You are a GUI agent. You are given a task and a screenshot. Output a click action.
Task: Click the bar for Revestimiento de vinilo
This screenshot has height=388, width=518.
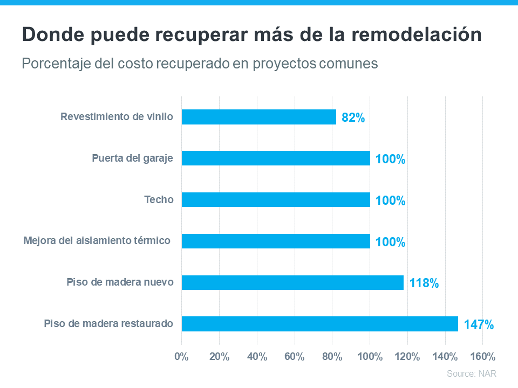(x=258, y=117)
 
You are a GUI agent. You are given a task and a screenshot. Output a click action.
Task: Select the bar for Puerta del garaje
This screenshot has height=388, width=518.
(x=275, y=158)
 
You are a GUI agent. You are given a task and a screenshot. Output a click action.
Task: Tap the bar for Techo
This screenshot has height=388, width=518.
(x=275, y=200)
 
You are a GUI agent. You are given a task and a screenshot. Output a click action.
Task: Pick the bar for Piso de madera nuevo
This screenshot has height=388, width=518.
(x=292, y=282)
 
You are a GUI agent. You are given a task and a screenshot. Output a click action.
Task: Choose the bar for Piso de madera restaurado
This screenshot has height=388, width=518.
(x=319, y=324)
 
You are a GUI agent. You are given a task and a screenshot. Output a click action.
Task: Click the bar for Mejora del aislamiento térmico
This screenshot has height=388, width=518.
(x=275, y=241)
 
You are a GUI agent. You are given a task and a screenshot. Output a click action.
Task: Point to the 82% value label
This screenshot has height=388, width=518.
(x=353, y=117)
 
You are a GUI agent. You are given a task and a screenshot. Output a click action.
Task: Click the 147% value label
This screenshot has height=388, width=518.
(x=479, y=324)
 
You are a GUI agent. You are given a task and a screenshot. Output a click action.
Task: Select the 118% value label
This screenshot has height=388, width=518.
(x=424, y=283)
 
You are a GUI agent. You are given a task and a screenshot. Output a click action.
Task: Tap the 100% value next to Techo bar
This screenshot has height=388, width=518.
(x=390, y=200)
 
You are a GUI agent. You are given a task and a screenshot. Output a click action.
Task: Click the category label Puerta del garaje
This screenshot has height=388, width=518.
(x=132, y=158)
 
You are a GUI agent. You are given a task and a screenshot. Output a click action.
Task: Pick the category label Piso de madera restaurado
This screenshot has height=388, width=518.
(x=108, y=324)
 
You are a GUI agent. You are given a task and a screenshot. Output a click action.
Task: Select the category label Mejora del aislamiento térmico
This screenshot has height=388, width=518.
(x=97, y=240)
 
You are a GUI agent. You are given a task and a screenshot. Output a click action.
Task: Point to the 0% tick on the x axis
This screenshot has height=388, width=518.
(x=182, y=357)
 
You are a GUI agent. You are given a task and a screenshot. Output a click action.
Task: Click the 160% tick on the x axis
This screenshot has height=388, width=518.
(x=482, y=357)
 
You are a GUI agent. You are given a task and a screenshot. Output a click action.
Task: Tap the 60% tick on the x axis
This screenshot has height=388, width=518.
(x=295, y=357)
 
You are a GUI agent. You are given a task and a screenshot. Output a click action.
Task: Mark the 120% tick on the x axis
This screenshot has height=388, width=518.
(x=407, y=357)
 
